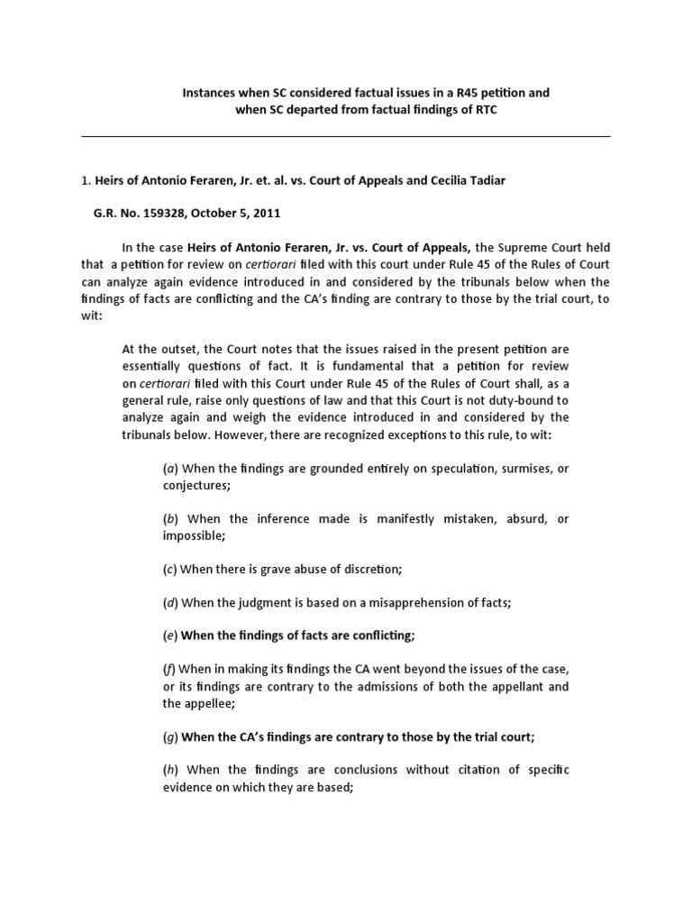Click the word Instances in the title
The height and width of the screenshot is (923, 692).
click(x=212, y=92)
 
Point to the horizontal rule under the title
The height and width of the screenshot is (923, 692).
click(x=346, y=136)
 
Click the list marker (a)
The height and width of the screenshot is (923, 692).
click(x=169, y=469)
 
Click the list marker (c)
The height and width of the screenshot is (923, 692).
click(x=169, y=569)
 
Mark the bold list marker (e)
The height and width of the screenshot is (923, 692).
click(x=169, y=635)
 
